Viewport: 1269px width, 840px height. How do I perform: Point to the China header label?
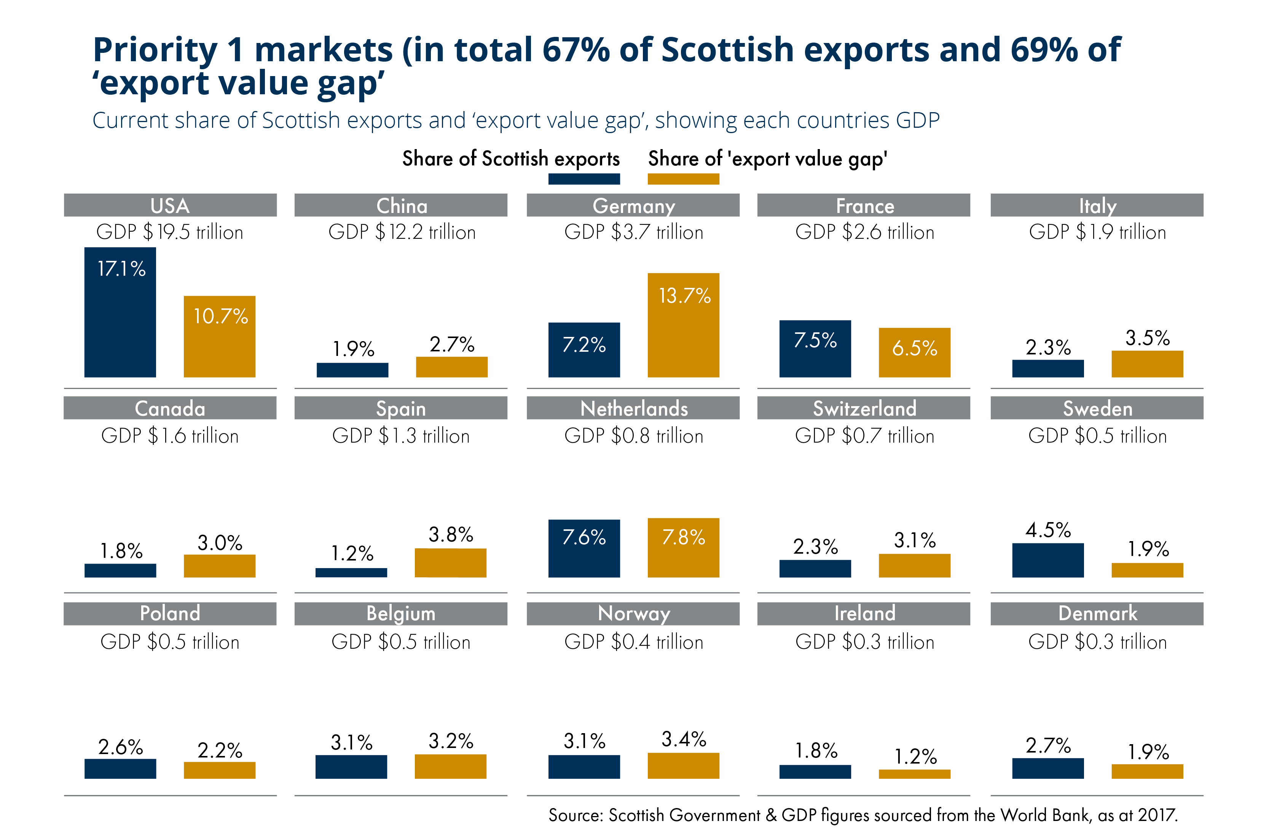(x=401, y=206)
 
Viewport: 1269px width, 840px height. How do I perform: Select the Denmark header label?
(x=1097, y=613)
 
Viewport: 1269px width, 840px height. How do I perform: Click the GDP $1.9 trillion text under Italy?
(x=1097, y=232)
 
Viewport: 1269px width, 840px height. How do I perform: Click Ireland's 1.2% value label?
(x=915, y=756)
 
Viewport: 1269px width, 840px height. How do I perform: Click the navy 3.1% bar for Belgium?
(x=351, y=767)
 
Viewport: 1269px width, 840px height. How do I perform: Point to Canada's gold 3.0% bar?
(x=219, y=566)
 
